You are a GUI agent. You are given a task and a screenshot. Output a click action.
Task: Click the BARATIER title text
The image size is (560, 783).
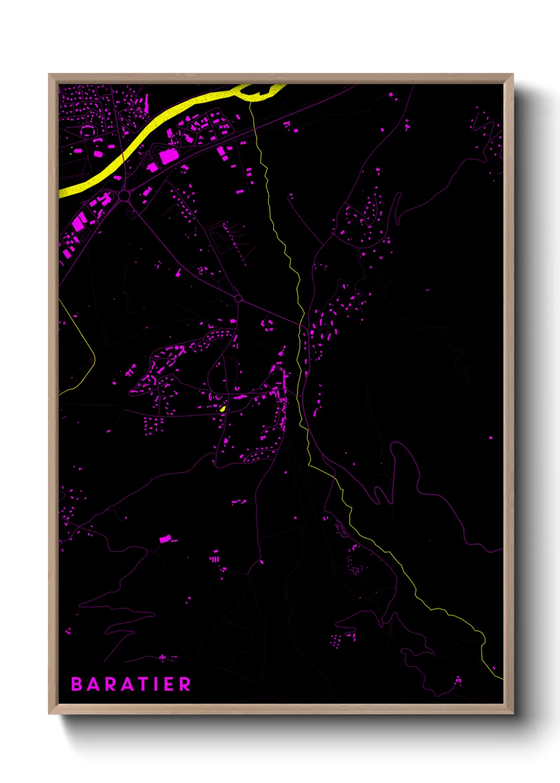131,684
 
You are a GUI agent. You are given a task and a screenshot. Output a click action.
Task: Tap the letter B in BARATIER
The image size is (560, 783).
76,684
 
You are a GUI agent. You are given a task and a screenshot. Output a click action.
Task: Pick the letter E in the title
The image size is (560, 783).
170,684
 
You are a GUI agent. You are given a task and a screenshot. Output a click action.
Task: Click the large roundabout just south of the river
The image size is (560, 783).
124,196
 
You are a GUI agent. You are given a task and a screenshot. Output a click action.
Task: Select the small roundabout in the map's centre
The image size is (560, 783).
238,298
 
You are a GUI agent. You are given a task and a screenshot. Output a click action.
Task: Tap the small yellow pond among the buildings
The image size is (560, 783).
223,409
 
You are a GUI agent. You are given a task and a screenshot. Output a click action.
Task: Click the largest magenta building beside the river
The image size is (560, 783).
168,156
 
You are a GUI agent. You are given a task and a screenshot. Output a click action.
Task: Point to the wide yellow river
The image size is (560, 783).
159,122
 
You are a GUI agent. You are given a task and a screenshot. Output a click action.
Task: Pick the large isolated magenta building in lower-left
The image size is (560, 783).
165,539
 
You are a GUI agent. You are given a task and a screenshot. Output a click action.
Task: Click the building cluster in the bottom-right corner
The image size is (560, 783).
458,680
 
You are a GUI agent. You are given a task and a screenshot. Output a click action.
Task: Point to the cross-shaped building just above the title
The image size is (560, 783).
162,658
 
